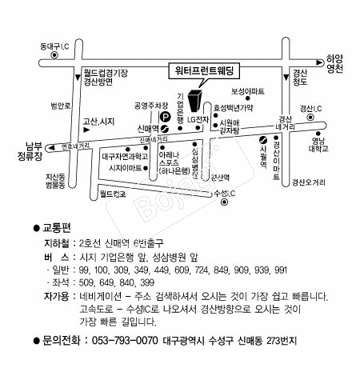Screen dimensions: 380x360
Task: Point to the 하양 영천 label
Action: (x=334, y=64)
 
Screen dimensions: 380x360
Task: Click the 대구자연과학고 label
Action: (x=124, y=157)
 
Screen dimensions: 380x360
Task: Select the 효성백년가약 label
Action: (x=233, y=106)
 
